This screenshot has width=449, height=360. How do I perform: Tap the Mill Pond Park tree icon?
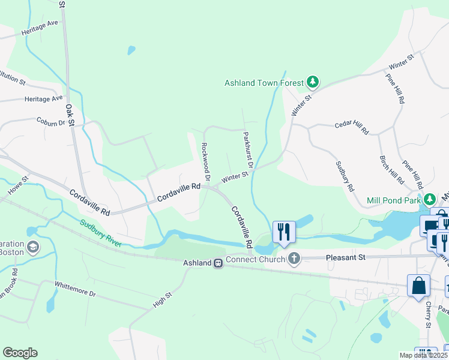click(x=429, y=199)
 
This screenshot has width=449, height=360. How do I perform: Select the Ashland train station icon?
click(x=219, y=263)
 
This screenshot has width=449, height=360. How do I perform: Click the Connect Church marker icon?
click(x=294, y=259)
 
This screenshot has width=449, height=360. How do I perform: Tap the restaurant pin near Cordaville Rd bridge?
click(x=283, y=232)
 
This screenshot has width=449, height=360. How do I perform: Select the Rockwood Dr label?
click(x=205, y=161)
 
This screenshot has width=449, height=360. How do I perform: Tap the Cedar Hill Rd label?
click(x=352, y=128)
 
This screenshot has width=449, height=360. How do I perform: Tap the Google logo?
click(x=20, y=353)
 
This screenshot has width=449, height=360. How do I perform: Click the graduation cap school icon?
click(x=32, y=247)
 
